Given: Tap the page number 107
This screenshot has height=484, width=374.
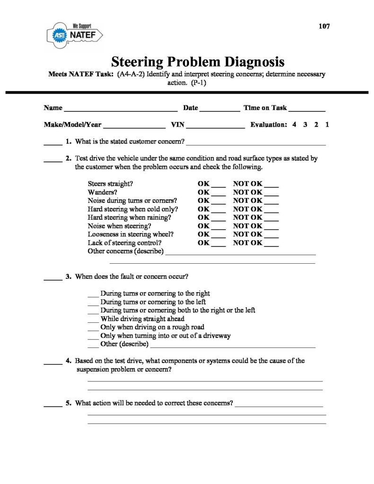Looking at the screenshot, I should pyautogui.click(x=324, y=26).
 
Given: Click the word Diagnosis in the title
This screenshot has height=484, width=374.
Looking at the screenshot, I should pyautogui.click(x=249, y=62).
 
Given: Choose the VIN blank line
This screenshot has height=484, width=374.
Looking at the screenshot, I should pyautogui.click(x=217, y=127).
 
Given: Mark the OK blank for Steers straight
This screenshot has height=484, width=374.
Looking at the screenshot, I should pyautogui.click(x=218, y=185).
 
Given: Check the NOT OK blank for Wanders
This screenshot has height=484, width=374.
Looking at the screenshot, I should pyautogui.click(x=271, y=194).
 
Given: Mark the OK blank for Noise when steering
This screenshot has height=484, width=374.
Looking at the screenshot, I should pyautogui.click(x=218, y=227).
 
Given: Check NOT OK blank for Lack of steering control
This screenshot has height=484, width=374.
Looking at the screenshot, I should pyautogui.click(x=271, y=244).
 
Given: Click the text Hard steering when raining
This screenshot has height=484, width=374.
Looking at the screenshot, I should pyautogui.click(x=129, y=217).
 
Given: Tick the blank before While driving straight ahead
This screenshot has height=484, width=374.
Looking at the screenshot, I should pyautogui.click(x=94, y=320).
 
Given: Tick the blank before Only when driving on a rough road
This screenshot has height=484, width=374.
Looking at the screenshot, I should pyautogui.click(x=94, y=328).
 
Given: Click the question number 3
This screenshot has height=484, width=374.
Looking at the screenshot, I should pyautogui.click(x=69, y=277).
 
